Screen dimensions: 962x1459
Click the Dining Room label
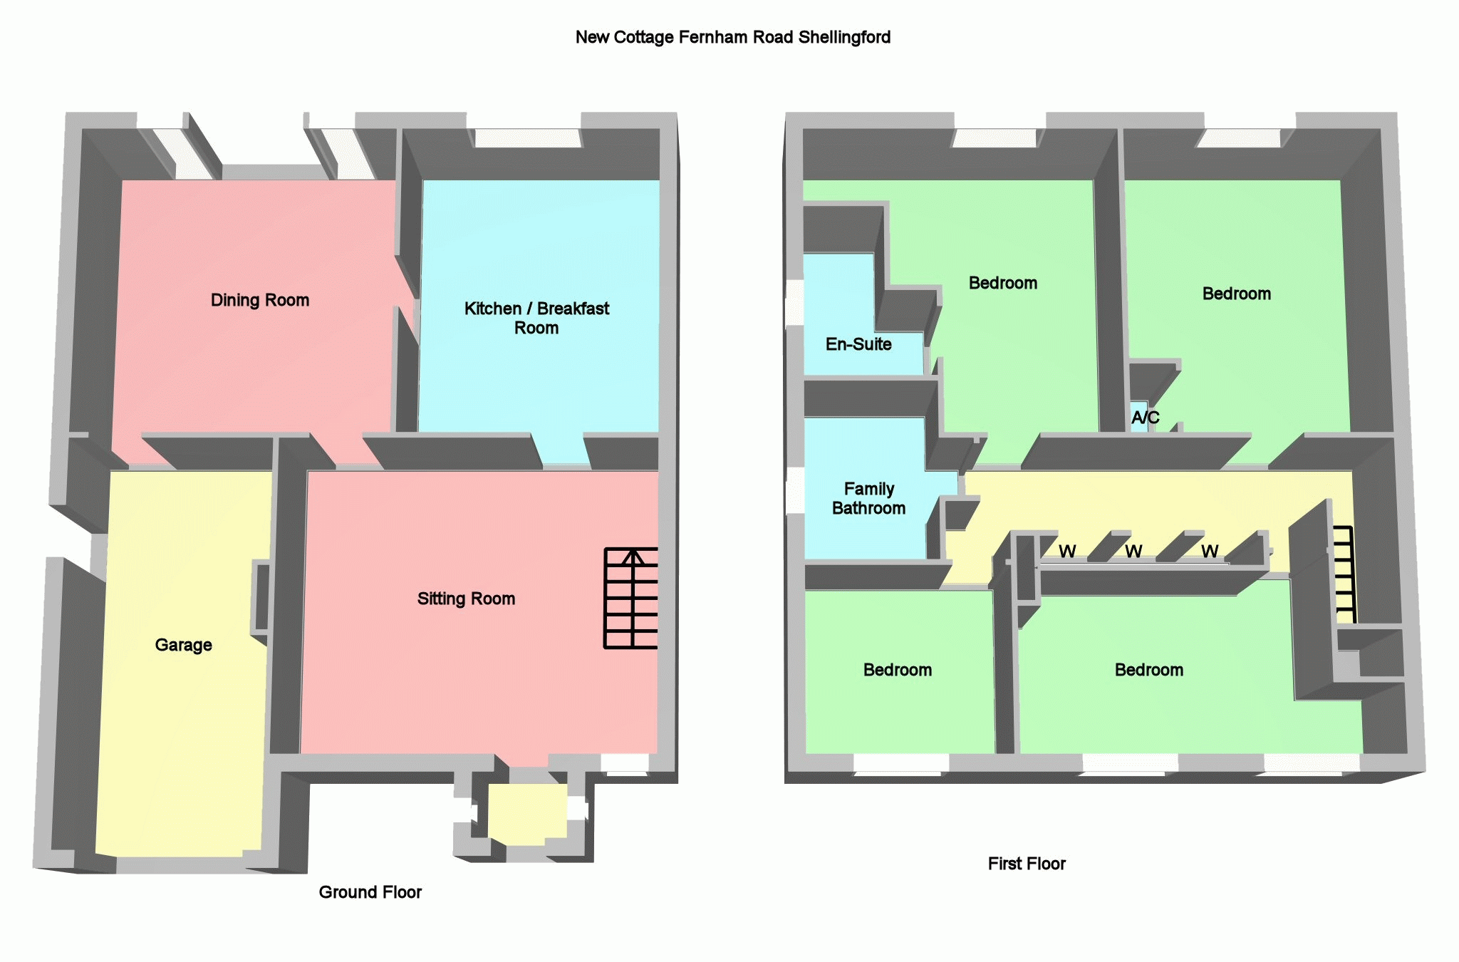[x=260, y=300]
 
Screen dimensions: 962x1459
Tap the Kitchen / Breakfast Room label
[x=536, y=318]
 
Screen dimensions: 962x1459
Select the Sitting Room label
[x=466, y=599]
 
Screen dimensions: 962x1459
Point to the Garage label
[x=184, y=645]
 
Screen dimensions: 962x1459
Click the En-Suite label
[x=858, y=344]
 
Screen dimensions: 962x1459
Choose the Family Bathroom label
[x=868, y=498]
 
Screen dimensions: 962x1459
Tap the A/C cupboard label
[x=1145, y=418]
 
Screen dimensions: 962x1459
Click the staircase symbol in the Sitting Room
[x=631, y=598]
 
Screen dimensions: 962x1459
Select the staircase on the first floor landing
[x=1344, y=574]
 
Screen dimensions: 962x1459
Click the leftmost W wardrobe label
[x=1067, y=552]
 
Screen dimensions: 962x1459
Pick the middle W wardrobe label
[x=1133, y=552]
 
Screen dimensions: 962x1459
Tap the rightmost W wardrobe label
[x=1210, y=552]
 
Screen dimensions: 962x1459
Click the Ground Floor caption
[x=370, y=892]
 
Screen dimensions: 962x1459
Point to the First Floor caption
[x=1027, y=864]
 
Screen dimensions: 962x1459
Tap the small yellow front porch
[x=527, y=813]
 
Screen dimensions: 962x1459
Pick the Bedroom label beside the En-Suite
[x=1002, y=283]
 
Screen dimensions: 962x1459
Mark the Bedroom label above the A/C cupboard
[x=1236, y=294]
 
